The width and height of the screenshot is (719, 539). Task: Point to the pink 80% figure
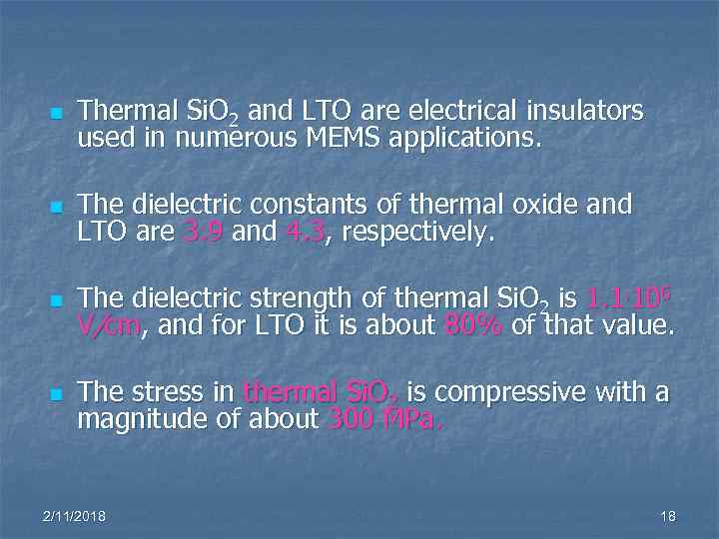pos(468,326)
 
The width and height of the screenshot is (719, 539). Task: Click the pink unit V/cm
pos(107,326)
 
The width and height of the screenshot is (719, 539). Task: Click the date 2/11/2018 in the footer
pos(75,515)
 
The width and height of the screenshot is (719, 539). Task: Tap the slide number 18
pos(668,515)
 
